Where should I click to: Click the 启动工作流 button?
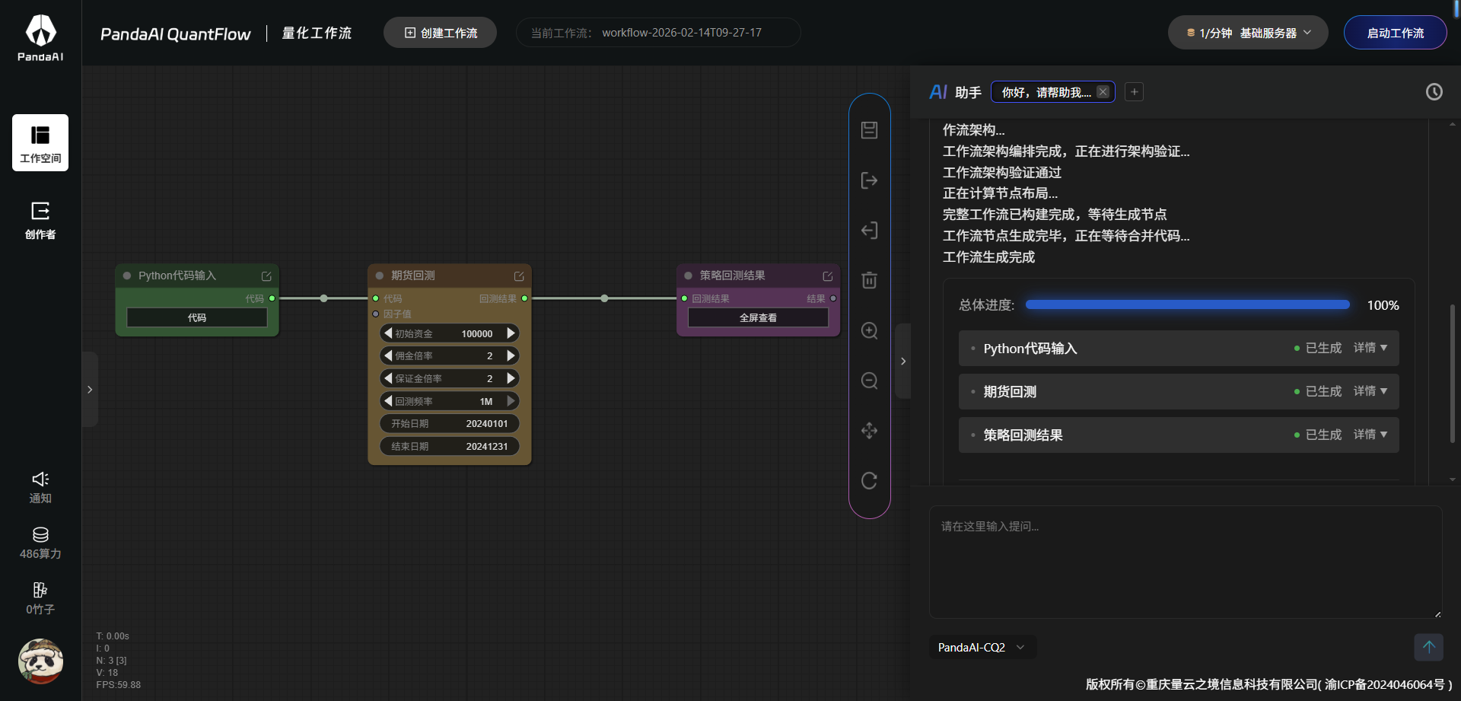click(x=1395, y=33)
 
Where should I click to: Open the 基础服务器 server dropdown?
click(x=1248, y=33)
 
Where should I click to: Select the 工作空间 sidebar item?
click(x=40, y=142)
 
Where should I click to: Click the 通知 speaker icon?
click(x=40, y=479)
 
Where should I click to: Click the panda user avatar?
click(x=40, y=661)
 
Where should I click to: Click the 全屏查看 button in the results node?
click(x=758, y=317)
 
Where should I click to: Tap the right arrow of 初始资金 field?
click(x=511, y=333)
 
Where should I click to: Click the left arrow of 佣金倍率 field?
click(x=388, y=355)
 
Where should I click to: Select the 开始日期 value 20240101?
click(x=486, y=424)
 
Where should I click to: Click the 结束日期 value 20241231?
click(x=486, y=447)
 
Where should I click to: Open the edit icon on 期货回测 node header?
click(x=519, y=276)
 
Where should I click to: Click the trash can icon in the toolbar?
click(x=869, y=280)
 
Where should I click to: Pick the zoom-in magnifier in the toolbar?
click(x=869, y=330)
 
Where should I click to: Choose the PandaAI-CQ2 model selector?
click(x=982, y=648)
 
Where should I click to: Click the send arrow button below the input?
click(x=1428, y=647)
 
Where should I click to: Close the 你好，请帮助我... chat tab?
click(x=1103, y=92)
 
